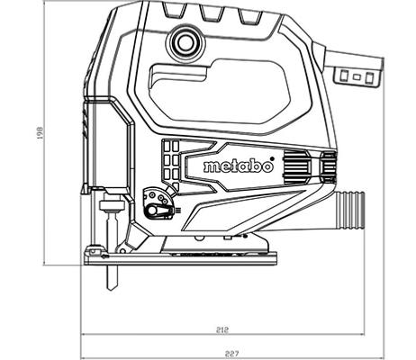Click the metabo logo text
pyautogui.click(x=239, y=166)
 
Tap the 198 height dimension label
pyautogui.click(x=40, y=132)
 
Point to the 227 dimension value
pyautogui.click(x=232, y=354)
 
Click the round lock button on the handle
pyautogui.click(x=185, y=43)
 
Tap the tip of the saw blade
pyautogui.click(x=112, y=289)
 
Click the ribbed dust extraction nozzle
pyautogui.click(x=350, y=210)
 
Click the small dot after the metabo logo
pyautogui.click(x=272, y=158)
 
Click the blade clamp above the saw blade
pyautogui.click(x=112, y=205)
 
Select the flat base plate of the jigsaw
pyautogui.click(x=180, y=258)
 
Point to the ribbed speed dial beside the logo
pyautogui.click(x=296, y=166)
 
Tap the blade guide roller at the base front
pyautogui.click(x=93, y=251)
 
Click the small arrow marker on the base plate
pyautogui.click(x=104, y=256)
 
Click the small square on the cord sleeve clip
pyautogui.click(x=357, y=77)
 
